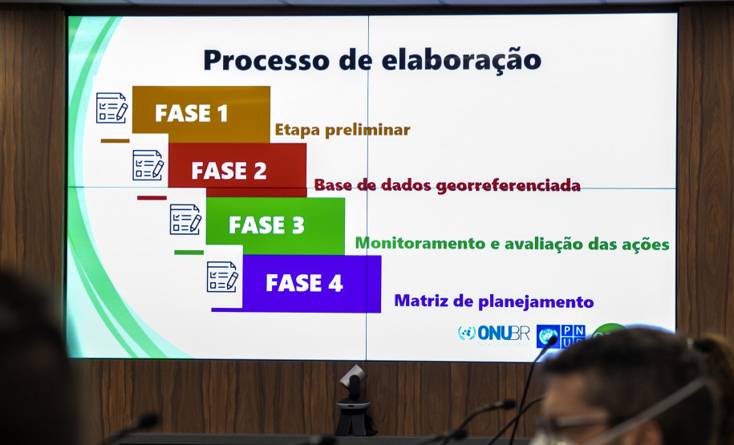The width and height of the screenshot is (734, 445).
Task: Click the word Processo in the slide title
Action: [266, 60]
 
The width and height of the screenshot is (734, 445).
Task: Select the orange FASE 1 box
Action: [201, 114]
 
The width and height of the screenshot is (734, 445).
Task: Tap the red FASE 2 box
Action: [237, 169]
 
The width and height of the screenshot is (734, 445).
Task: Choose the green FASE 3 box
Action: [275, 226]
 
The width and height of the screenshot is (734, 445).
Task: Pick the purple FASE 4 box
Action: [311, 284]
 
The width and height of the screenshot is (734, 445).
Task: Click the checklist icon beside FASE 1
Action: [112, 107]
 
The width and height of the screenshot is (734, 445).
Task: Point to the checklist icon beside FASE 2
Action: [148, 165]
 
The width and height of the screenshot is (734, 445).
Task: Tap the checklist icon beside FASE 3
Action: [185, 220]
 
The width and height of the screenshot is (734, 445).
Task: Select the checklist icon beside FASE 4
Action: [222, 277]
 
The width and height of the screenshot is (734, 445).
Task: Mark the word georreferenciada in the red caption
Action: [509, 186]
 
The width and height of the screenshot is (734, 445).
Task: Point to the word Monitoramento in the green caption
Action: [420, 243]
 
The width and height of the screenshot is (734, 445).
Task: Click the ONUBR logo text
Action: [503, 334]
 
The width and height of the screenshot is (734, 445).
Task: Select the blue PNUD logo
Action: [561, 336]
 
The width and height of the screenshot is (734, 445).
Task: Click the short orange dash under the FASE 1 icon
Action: [116, 140]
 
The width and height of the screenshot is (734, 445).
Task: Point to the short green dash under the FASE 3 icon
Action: [189, 253]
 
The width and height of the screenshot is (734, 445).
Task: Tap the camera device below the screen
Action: [355, 399]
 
